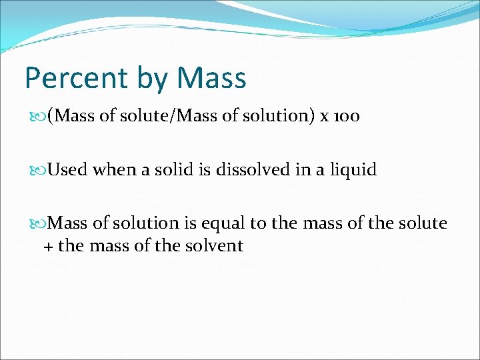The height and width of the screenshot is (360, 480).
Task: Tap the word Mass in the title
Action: point(211,78)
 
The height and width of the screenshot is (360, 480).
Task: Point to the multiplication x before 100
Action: point(324,117)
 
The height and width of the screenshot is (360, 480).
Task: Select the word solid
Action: point(174,170)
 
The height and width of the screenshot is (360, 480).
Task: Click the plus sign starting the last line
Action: point(48,246)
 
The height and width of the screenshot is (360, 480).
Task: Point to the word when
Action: point(113,170)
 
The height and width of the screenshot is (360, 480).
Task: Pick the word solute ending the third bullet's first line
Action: point(423,223)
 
